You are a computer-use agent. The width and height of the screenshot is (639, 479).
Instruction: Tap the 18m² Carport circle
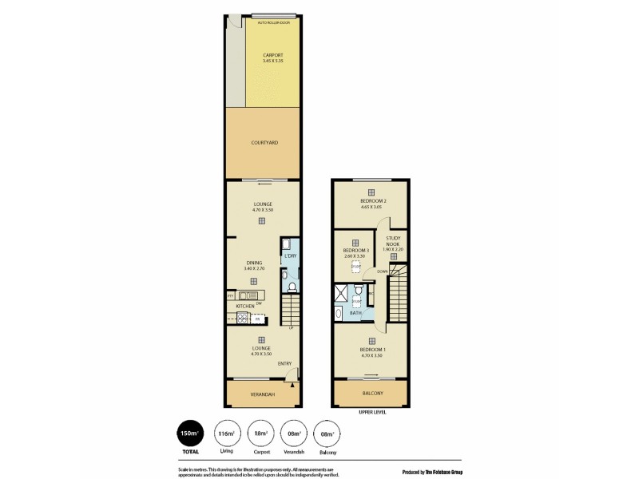(260, 434)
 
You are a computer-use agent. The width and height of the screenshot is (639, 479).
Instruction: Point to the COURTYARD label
(263, 142)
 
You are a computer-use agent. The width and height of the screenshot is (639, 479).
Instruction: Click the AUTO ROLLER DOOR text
(273, 23)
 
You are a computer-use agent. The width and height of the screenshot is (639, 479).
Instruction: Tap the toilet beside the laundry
(292, 285)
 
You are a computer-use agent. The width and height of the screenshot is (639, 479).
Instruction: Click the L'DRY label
(290, 256)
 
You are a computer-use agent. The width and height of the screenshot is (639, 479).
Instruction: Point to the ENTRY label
(284, 364)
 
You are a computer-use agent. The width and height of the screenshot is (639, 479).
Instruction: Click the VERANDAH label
(263, 395)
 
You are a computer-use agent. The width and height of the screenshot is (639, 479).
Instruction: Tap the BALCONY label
(372, 394)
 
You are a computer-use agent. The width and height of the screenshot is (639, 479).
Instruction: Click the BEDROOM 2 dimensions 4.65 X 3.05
(372, 207)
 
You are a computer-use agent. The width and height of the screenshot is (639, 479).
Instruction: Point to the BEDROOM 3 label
(355, 250)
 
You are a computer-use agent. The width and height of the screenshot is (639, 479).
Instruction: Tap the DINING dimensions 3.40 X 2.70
(254, 269)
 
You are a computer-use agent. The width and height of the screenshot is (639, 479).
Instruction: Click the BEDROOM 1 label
(371, 350)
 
